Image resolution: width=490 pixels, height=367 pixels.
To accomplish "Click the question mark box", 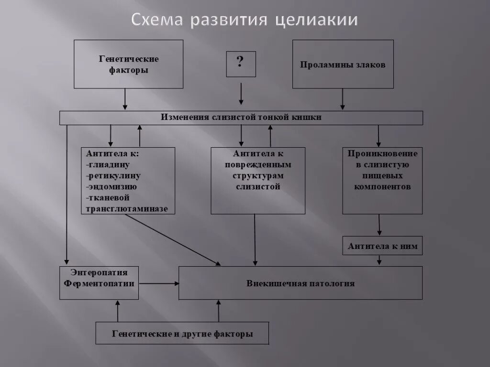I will [241, 64].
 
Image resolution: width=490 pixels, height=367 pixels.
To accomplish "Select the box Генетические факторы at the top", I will [128, 64].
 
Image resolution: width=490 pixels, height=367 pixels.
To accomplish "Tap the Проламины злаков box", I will [343, 64].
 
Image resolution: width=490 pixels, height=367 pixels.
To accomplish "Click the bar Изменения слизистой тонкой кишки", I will [241, 118].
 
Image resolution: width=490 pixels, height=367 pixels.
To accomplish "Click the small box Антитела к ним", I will [382, 247].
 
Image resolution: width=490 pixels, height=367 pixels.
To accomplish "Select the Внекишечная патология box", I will [301, 283].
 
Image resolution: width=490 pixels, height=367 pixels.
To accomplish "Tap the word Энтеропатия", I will [99, 272].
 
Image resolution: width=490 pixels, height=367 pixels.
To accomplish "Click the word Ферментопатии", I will [99, 283].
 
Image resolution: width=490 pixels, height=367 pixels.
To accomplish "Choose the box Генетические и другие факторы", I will [182, 334].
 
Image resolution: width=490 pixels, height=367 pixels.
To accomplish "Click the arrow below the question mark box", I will [241, 94].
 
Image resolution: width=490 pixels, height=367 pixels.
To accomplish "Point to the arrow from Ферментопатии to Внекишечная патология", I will [158, 283].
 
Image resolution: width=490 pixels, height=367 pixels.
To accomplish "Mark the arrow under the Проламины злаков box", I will [343, 99].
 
